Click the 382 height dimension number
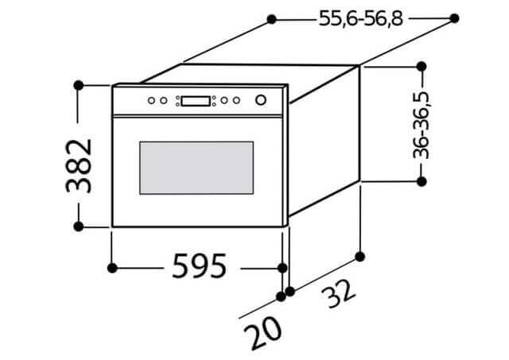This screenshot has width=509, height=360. pyautogui.click(x=79, y=166)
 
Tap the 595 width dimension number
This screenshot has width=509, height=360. pyautogui.click(x=200, y=266)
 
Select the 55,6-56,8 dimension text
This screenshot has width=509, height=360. pyautogui.click(x=360, y=18)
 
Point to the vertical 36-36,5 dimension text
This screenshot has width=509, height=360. pyautogui.click(x=421, y=126)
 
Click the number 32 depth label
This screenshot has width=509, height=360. pyautogui.click(x=338, y=293)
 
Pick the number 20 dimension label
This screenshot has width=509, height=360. pyautogui.click(x=262, y=332)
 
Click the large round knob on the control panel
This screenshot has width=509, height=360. pyautogui.click(x=261, y=100)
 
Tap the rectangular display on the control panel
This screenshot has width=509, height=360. pyautogui.click(x=196, y=101)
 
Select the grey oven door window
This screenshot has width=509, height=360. pyautogui.click(x=196, y=168)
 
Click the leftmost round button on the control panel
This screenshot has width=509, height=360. pyautogui.click(x=151, y=101)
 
